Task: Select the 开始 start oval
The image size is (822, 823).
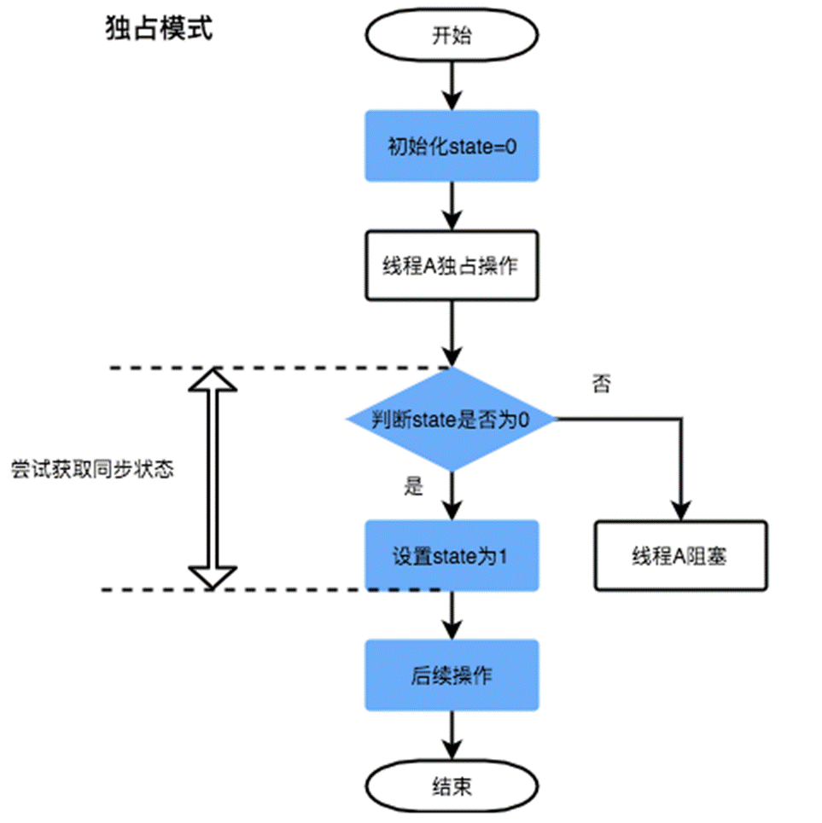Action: [452, 36]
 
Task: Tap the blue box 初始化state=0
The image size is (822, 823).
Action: [452, 146]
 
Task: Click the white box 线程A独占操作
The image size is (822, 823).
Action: [452, 265]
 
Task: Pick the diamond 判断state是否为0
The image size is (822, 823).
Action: [452, 420]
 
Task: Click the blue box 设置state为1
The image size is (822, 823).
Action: [452, 555]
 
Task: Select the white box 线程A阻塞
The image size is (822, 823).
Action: [679, 555]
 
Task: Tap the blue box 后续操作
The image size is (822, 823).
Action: [452, 675]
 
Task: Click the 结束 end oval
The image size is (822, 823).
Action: [452, 786]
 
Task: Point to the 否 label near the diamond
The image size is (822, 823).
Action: [601, 384]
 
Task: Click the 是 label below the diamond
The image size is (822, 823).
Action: [414, 487]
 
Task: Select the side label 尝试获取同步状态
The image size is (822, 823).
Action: [92, 470]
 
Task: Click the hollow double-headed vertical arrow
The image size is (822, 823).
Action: [212, 478]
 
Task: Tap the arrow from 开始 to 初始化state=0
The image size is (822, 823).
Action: [452, 86]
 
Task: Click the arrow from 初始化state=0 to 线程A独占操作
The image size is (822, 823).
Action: [452, 206]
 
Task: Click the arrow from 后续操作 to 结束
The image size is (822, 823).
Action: [452, 734]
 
